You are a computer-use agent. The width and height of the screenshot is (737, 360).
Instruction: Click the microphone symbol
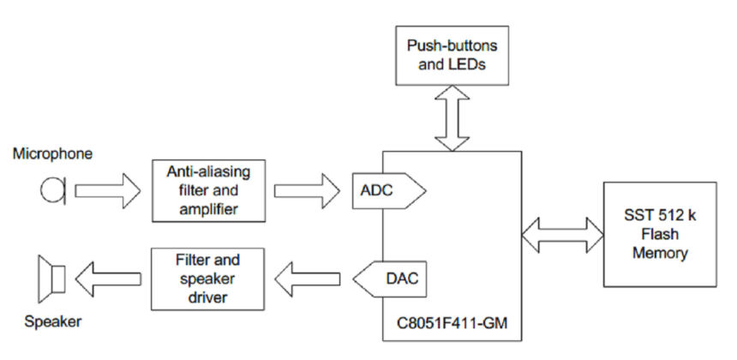coord(51,189)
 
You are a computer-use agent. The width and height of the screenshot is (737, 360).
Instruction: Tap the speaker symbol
coord(51,279)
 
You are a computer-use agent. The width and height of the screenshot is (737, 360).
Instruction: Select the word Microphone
coord(52,154)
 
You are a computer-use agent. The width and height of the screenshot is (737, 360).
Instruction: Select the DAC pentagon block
coord(387,278)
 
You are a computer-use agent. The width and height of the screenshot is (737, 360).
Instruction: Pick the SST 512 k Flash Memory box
coord(659,234)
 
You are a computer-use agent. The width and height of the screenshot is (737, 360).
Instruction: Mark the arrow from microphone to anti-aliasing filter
coord(106,189)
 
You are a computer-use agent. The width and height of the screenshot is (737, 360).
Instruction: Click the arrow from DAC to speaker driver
coord(309,278)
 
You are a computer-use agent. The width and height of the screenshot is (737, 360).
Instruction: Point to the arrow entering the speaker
coord(106,278)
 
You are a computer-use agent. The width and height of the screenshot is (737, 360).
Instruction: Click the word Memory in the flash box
coord(659,253)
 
